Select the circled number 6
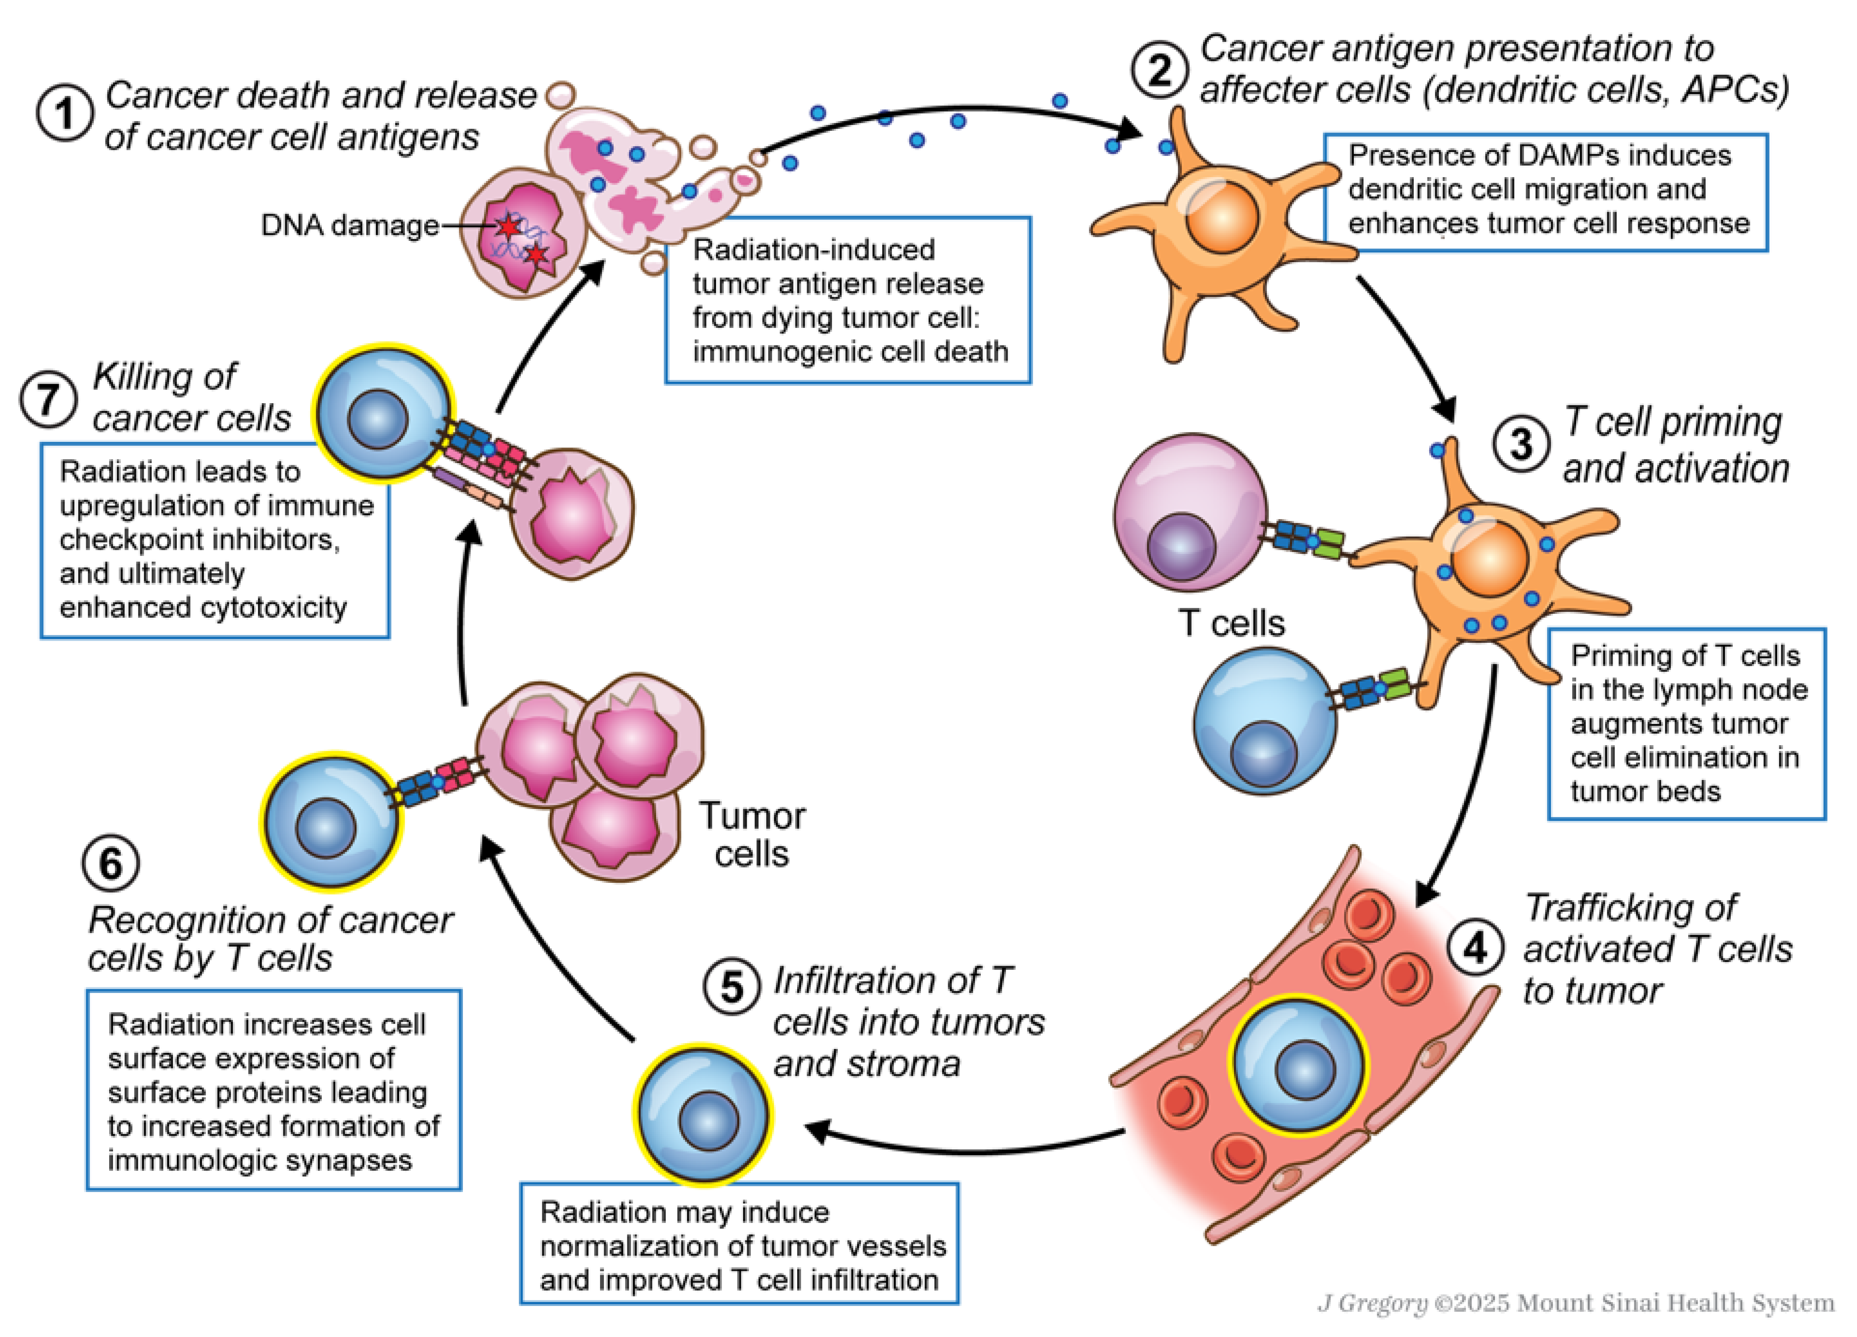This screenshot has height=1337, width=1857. click(x=110, y=863)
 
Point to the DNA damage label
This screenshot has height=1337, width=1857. click(x=350, y=225)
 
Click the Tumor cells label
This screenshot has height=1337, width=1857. click(x=752, y=834)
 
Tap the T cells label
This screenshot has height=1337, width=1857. click(x=1231, y=623)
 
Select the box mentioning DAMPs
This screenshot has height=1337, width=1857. click(x=1546, y=191)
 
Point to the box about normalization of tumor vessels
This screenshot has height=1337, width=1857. click(x=739, y=1245)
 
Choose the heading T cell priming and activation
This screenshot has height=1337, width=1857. click(x=1674, y=445)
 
